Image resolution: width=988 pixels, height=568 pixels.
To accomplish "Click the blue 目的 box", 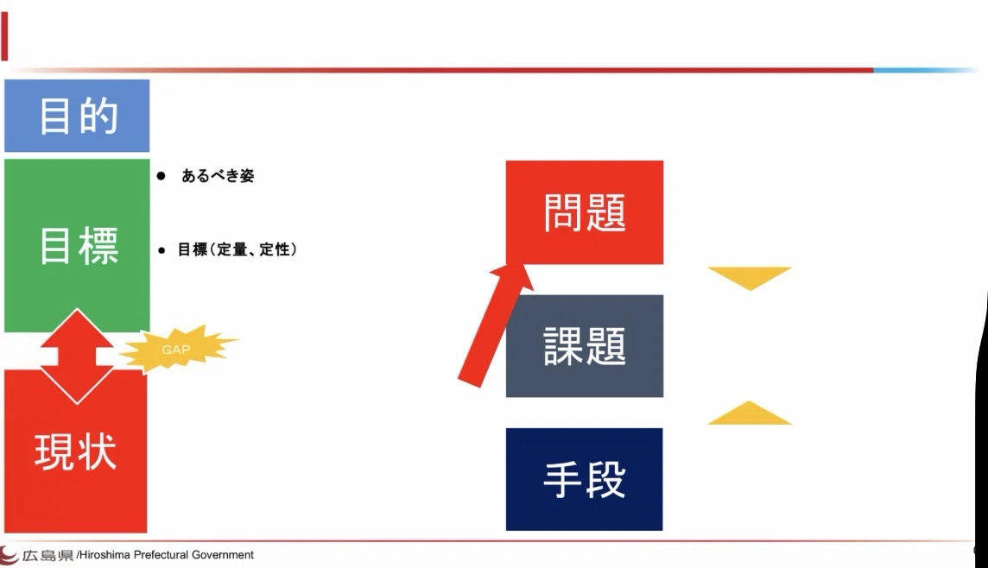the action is click(77, 115).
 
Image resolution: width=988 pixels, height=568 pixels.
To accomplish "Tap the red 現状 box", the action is click(76, 460).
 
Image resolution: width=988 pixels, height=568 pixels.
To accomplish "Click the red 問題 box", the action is click(585, 212).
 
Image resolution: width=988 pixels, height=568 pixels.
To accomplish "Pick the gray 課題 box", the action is click(585, 345).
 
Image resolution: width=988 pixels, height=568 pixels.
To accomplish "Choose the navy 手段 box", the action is click(584, 479).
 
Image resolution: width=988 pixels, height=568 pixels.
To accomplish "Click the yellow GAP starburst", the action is click(178, 349).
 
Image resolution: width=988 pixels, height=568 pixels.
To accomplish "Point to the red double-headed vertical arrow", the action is click(77, 357).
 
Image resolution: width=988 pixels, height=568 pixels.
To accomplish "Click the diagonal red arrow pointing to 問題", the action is click(495, 325).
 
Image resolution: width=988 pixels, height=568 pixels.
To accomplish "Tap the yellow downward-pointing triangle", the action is click(750, 276).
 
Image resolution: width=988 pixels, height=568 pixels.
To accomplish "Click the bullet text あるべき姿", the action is click(218, 176).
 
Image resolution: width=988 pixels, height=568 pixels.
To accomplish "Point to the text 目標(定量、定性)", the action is click(237, 249).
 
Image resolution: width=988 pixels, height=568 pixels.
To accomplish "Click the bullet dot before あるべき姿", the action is click(161, 176).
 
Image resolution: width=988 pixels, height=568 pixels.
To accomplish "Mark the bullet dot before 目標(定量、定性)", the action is click(162, 250).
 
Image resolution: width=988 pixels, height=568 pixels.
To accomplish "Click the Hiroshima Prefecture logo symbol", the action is click(9, 555).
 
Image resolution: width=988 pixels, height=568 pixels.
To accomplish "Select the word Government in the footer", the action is click(223, 555).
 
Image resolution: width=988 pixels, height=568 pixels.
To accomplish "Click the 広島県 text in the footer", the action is click(47, 555).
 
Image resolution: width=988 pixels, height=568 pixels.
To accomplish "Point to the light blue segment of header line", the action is click(924, 70).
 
